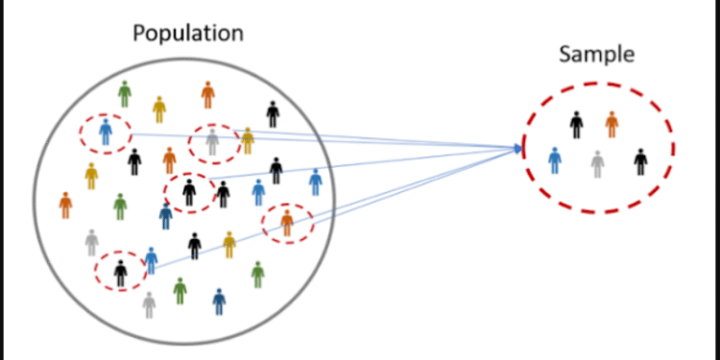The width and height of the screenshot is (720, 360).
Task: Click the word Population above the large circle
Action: (x=187, y=33)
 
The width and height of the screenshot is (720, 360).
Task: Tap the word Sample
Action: (x=596, y=54)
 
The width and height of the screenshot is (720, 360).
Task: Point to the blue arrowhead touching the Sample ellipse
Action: (x=520, y=148)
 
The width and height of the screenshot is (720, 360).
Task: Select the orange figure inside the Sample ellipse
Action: (x=612, y=124)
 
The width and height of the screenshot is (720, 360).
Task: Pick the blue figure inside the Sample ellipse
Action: (x=555, y=159)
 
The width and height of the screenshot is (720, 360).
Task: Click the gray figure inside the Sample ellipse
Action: (x=598, y=163)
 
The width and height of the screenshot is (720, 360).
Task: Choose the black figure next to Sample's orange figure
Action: (x=576, y=124)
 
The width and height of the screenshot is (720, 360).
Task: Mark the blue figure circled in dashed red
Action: (x=106, y=132)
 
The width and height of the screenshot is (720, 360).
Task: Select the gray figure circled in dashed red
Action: (x=212, y=143)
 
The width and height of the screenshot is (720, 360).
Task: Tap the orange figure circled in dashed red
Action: (x=287, y=223)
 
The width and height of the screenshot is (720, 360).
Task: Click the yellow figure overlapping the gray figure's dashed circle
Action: (x=247, y=140)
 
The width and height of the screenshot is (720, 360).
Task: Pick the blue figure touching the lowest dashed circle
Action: (x=151, y=260)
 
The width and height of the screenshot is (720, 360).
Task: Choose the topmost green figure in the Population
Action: (x=124, y=94)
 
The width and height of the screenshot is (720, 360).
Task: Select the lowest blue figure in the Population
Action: (x=220, y=301)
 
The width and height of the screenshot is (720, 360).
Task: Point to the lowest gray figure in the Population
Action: (x=149, y=305)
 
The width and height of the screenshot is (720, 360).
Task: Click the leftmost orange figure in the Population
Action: (x=65, y=204)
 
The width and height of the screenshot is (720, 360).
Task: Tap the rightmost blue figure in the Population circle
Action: (x=315, y=181)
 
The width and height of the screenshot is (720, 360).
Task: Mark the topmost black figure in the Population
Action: (x=273, y=113)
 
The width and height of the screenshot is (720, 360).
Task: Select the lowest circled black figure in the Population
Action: (x=120, y=273)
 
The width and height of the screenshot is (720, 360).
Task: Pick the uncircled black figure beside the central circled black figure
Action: (x=223, y=194)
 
